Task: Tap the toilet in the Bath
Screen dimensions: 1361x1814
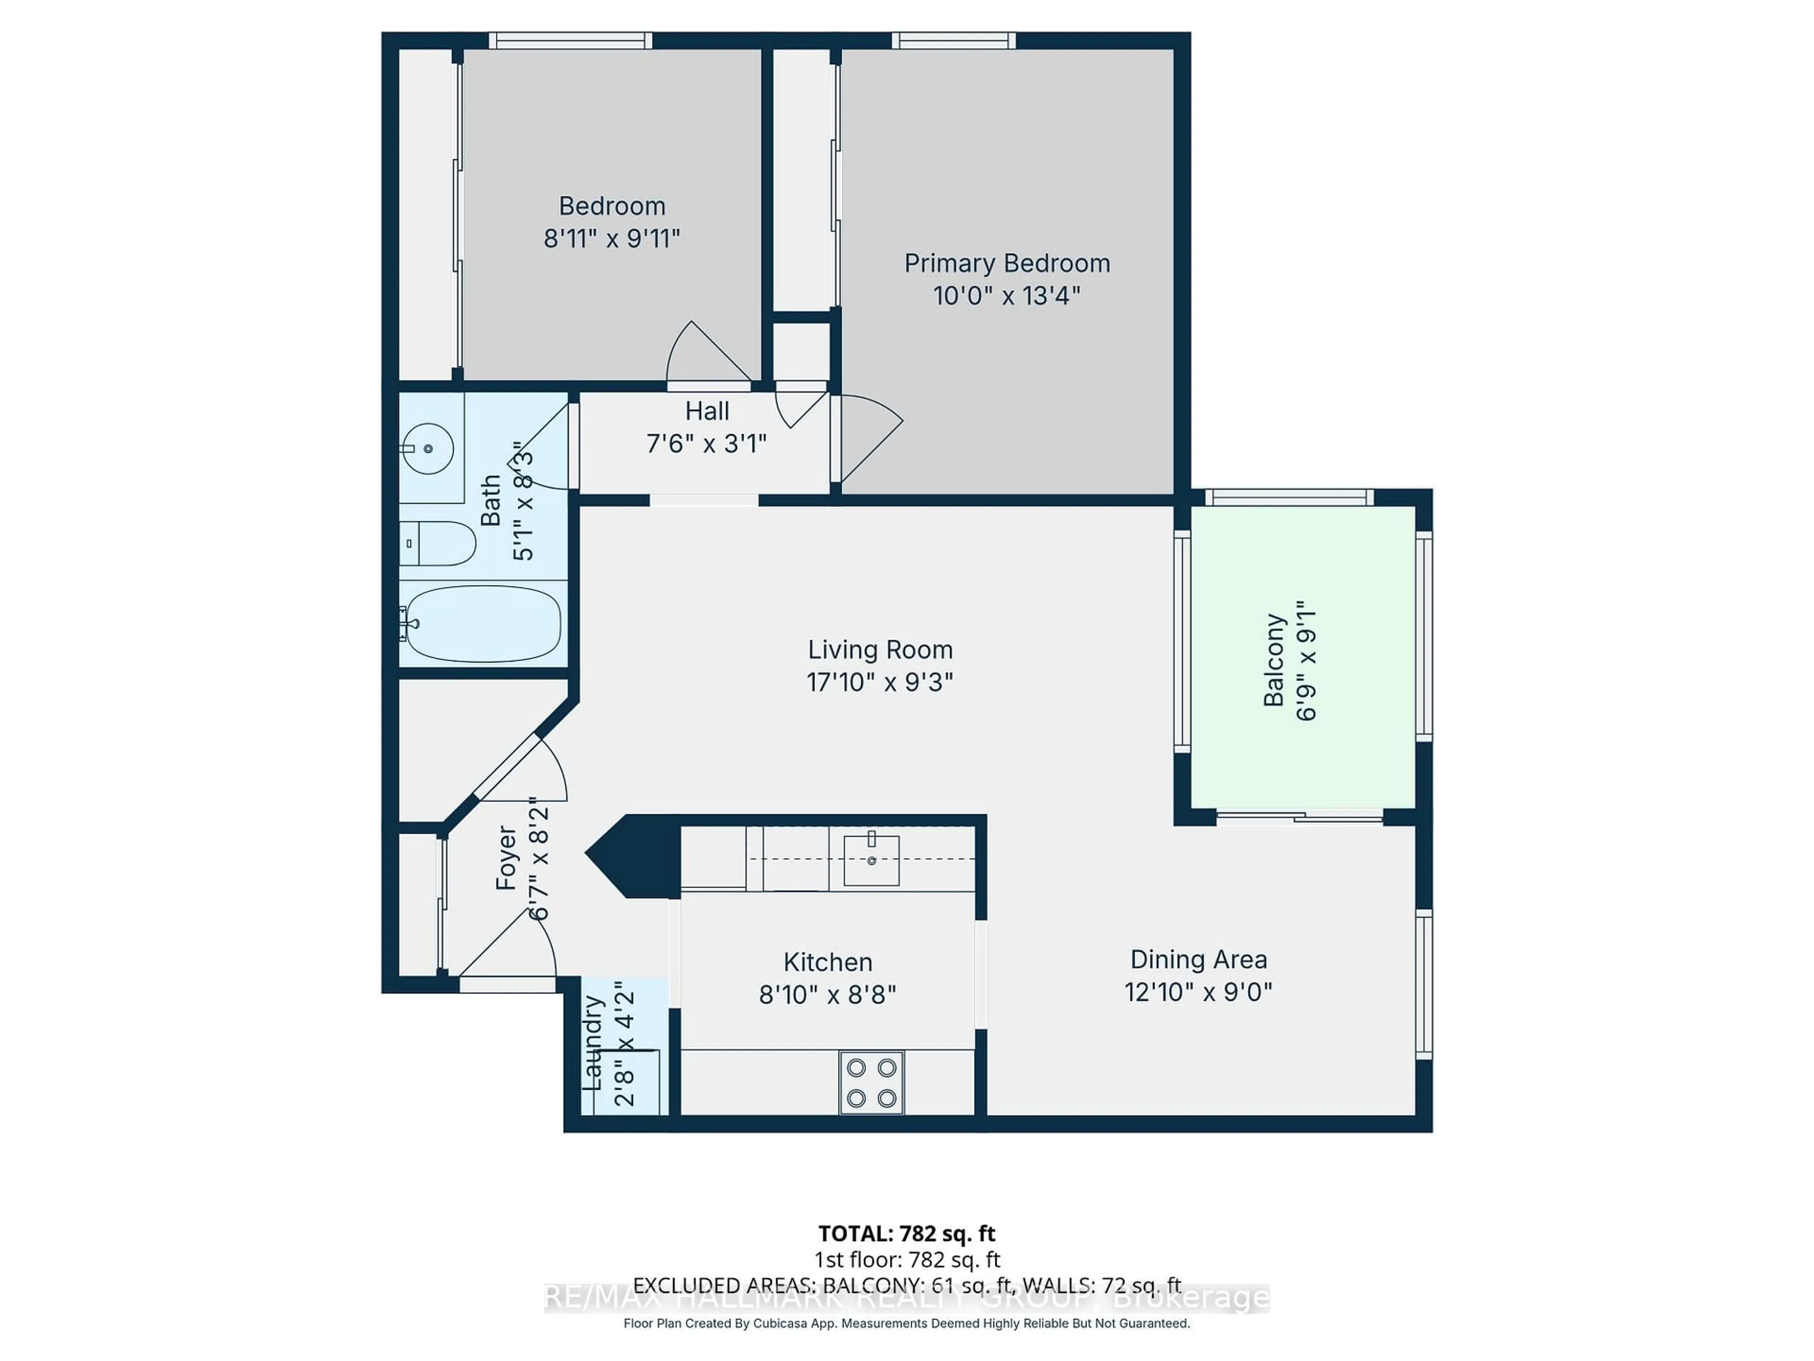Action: point(443,543)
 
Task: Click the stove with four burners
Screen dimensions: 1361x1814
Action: point(871,1083)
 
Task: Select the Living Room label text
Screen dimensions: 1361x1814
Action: point(880,650)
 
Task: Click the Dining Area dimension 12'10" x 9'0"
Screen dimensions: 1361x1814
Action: point(1198,992)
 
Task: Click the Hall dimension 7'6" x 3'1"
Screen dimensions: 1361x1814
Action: point(706,444)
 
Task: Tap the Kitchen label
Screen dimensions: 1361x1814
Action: point(828,962)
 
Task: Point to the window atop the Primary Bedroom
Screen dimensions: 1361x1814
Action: point(953,40)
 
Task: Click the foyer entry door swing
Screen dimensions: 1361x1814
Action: point(513,943)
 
